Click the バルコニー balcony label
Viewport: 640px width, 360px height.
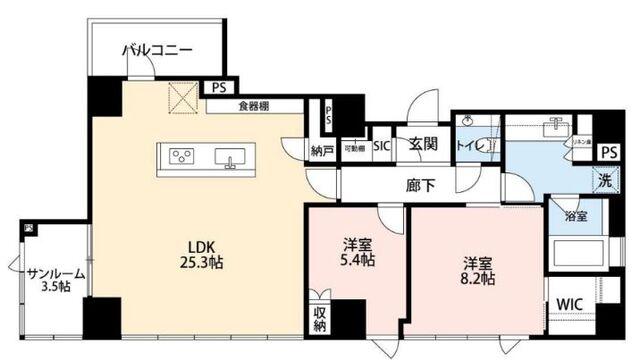157,49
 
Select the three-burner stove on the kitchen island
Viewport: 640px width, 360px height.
184,156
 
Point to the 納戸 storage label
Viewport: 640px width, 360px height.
322,151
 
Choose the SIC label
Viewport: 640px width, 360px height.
382,146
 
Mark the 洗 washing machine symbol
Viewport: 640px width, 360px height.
605,182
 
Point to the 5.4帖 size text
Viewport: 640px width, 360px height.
357,261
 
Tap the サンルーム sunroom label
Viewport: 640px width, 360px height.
56,274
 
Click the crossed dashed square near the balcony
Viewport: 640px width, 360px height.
181,97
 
